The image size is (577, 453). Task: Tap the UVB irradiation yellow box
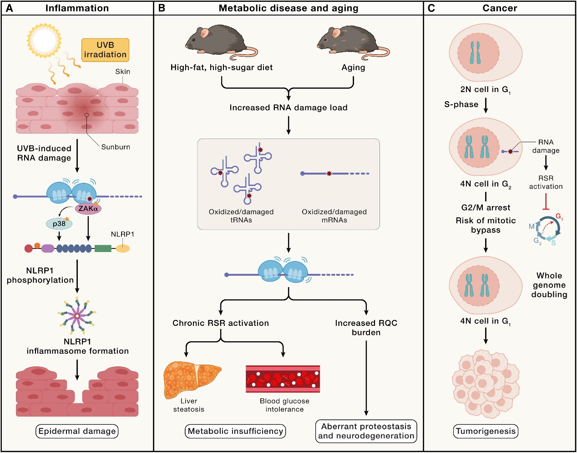[105, 50]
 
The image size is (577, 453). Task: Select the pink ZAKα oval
[88, 209]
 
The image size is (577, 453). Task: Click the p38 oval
[59, 224]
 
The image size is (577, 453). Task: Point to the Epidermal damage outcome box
[77, 431]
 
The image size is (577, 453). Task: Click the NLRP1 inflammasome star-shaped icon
[77, 315]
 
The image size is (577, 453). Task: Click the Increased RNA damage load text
[288, 108]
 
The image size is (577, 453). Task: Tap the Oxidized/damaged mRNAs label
[334, 216]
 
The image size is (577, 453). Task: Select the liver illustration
[192, 379]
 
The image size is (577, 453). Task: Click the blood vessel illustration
[283, 379]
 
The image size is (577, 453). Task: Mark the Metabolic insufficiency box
[235, 431]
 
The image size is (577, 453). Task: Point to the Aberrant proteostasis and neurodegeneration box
[366, 431]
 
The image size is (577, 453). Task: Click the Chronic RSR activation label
[221, 323]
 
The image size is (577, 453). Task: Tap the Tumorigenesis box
[486, 431]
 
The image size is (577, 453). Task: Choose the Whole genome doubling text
[549, 285]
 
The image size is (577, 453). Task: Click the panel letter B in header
[162, 8]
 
